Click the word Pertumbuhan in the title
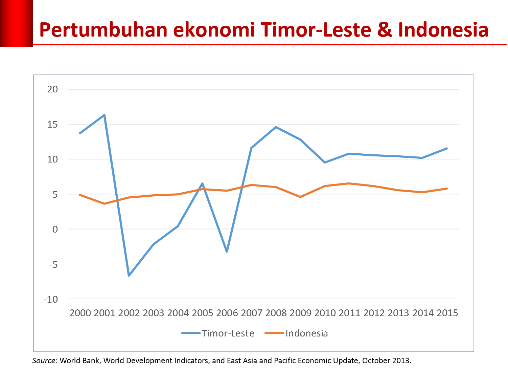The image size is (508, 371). pos(103,30)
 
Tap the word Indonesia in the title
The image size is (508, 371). pos(443,30)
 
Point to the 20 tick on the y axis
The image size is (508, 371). pos(52,89)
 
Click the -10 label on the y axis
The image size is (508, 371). pos(51,299)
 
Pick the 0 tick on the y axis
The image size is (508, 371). pos(55,229)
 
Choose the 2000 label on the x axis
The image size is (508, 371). pos(80,313)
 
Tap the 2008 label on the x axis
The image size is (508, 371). pos(276,313)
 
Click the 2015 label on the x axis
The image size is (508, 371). pos(447,313)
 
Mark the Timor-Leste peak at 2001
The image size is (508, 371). pos(105,115)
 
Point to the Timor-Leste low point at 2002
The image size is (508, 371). pos(129,276)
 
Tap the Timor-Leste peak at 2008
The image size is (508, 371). pos(276,127)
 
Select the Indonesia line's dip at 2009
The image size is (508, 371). pos(300,197)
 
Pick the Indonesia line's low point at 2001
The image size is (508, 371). pos(105,204)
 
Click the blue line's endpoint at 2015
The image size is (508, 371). pos(447,148)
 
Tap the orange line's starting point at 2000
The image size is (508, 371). pos(80,195)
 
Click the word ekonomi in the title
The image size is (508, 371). pos(214,30)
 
